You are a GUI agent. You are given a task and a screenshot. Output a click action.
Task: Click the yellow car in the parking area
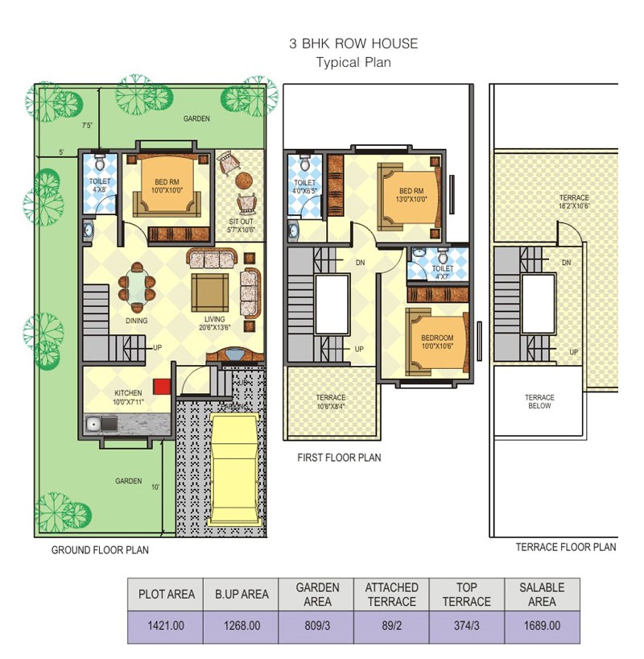click(234, 467)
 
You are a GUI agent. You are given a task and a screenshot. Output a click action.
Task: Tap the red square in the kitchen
click(162, 385)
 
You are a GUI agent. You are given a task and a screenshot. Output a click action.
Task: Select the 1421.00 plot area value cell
click(167, 625)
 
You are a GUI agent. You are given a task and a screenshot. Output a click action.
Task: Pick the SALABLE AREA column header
click(542, 595)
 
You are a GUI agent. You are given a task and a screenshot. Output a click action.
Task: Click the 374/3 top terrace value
click(466, 625)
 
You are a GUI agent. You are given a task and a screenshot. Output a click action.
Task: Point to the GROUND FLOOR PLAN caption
click(100, 550)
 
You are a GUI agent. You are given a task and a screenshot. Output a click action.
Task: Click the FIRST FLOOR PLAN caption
click(340, 458)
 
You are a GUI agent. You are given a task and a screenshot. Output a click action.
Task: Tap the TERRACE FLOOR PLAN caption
click(566, 547)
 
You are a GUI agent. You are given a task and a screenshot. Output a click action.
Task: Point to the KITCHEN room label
click(128, 393)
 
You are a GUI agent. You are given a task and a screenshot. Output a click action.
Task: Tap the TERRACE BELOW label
click(539, 401)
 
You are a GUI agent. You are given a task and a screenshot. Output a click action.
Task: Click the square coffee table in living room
click(211, 292)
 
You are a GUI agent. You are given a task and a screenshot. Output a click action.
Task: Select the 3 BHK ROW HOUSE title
click(353, 44)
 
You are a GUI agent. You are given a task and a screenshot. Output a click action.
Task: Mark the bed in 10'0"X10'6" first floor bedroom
click(436, 342)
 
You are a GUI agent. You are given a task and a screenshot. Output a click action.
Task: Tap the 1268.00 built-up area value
click(242, 625)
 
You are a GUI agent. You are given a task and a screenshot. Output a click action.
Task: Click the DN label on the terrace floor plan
click(567, 263)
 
